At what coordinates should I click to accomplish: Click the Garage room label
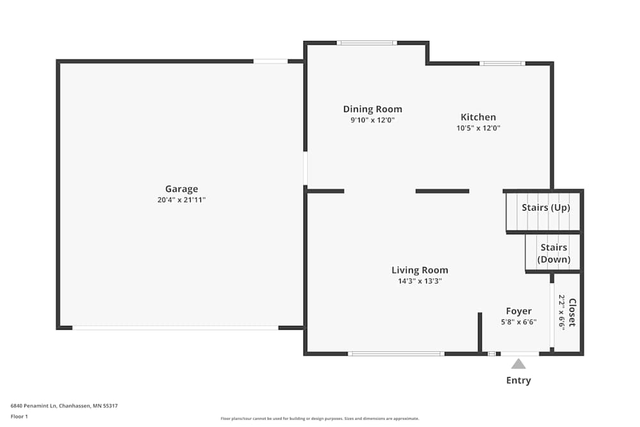[182, 189]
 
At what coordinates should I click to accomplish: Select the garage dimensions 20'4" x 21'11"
[182, 200]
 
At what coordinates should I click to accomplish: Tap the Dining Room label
[372, 109]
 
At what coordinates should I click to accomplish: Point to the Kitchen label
[478, 117]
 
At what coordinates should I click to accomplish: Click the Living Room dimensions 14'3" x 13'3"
[420, 281]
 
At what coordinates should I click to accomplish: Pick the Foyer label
[518, 311]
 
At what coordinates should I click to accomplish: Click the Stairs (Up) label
[545, 207]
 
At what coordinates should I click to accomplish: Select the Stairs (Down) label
[554, 254]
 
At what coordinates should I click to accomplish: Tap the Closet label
[572, 312]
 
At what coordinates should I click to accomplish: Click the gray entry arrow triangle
[518, 364]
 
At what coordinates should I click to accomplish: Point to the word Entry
[518, 380]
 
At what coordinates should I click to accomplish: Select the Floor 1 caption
[19, 416]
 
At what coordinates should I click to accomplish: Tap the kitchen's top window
[502, 63]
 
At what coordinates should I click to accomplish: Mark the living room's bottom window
[396, 353]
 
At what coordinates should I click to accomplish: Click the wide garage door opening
[175, 328]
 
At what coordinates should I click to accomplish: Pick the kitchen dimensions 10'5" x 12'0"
[478, 128]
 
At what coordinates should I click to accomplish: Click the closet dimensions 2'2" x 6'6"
[562, 312]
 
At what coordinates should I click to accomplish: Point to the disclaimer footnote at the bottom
[319, 419]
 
